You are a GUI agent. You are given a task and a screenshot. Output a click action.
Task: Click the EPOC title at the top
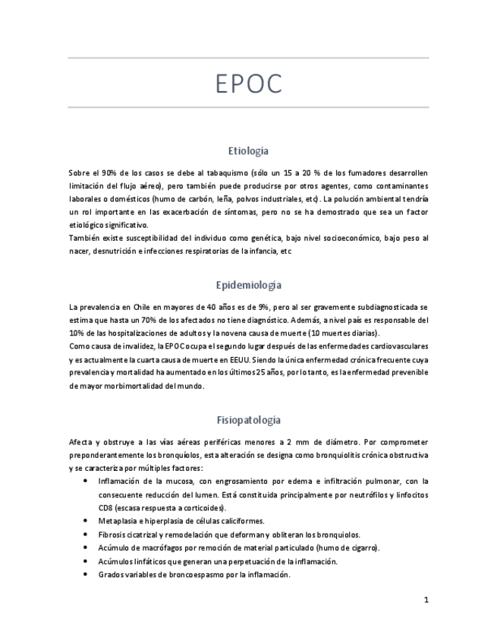248,84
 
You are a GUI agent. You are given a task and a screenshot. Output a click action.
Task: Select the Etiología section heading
248,151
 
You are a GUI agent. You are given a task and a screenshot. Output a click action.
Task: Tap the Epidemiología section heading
248,286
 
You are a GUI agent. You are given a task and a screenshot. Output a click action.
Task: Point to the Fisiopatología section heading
248,420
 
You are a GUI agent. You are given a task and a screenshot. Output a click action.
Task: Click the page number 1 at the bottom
426,600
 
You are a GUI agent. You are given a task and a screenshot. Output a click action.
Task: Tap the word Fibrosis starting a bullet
112,535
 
